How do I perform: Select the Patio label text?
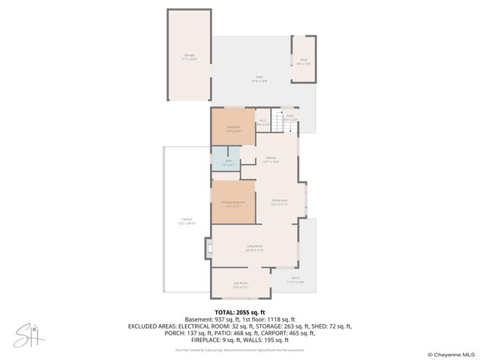(259, 77)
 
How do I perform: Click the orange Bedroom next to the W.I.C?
(233, 128)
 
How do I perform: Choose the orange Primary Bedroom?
(233, 204)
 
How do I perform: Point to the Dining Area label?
(280, 202)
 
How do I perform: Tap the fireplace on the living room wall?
(208, 248)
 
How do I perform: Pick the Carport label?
(185, 221)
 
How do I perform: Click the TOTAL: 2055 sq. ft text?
(240, 312)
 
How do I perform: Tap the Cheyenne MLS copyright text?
(451, 354)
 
